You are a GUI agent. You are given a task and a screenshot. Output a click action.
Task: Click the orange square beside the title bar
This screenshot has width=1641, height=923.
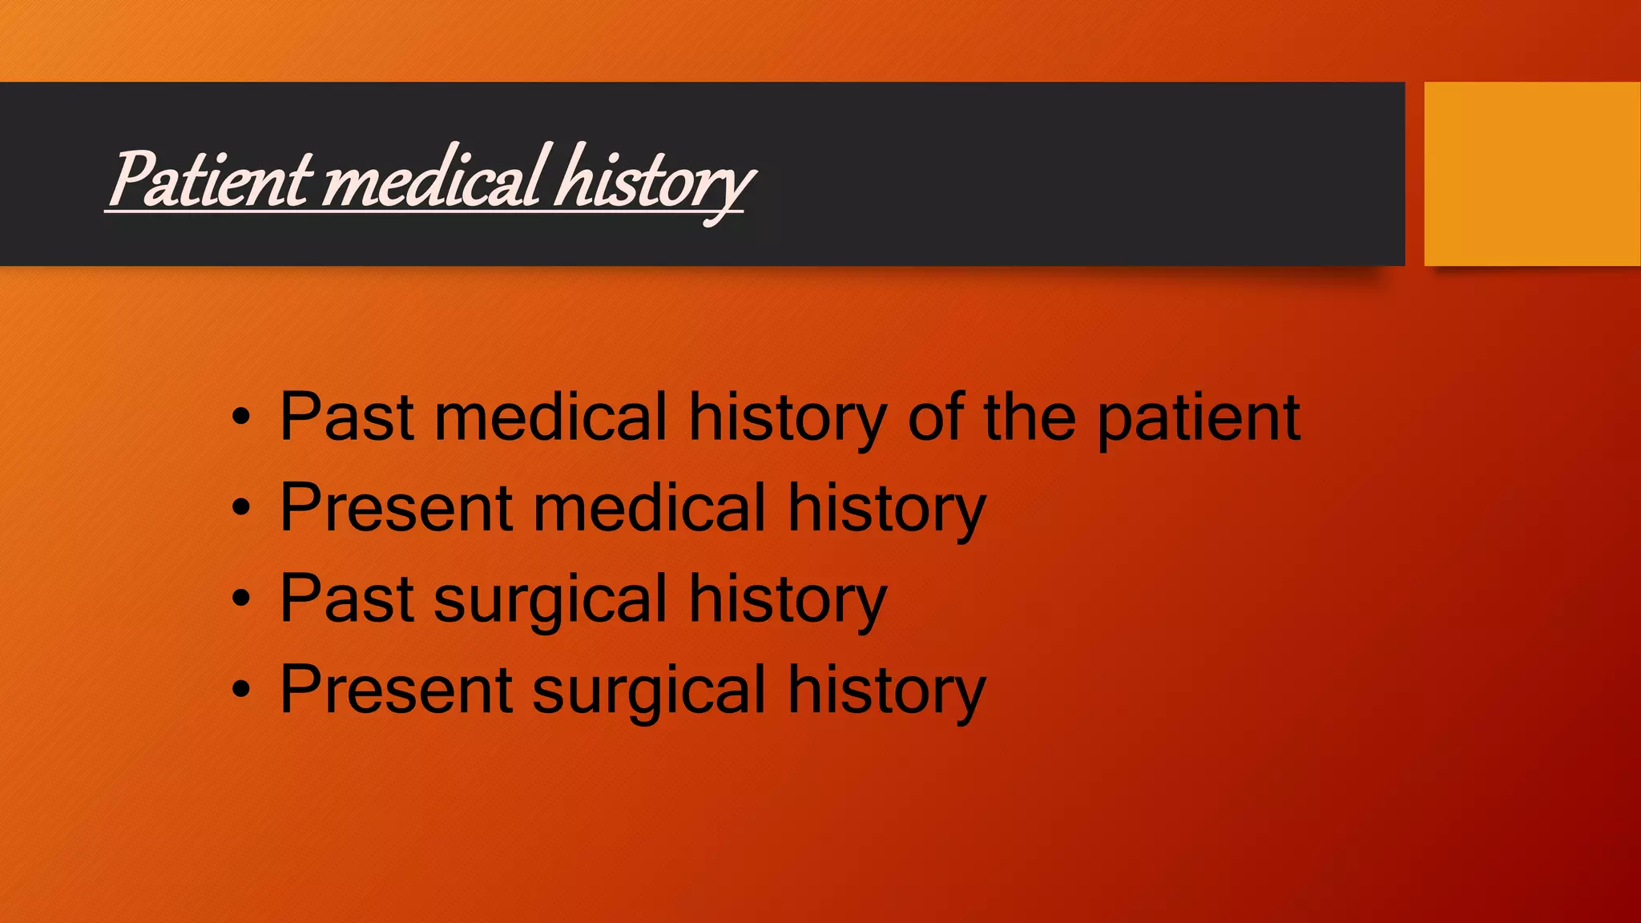[x=1532, y=173]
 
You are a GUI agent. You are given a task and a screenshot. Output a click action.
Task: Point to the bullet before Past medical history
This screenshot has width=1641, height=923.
[x=241, y=417]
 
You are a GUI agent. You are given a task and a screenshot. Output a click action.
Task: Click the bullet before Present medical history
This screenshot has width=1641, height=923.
[x=241, y=508]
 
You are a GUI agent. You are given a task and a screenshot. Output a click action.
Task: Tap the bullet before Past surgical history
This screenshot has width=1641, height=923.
[x=241, y=599]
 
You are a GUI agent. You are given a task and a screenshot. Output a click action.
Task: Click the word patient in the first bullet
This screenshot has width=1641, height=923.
[x=1198, y=417]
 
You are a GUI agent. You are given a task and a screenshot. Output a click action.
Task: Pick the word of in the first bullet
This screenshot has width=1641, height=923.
[x=935, y=417]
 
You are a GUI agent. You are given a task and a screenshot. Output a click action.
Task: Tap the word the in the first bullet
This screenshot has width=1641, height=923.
[x=1030, y=417]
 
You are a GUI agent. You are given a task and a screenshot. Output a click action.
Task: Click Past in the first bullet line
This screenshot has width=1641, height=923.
[x=346, y=417]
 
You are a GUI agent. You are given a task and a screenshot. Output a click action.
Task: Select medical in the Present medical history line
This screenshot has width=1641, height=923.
[x=650, y=508]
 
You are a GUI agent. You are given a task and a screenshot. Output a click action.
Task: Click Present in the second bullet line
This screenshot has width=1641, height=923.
[x=396, y=508]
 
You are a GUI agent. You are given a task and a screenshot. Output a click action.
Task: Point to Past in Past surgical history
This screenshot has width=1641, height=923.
[x=346, y=599]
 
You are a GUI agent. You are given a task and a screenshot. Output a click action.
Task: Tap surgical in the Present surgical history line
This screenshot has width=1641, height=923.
[x=649, y=691]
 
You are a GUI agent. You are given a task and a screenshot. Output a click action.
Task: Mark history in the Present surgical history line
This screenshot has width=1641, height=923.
[x=886, y=691]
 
